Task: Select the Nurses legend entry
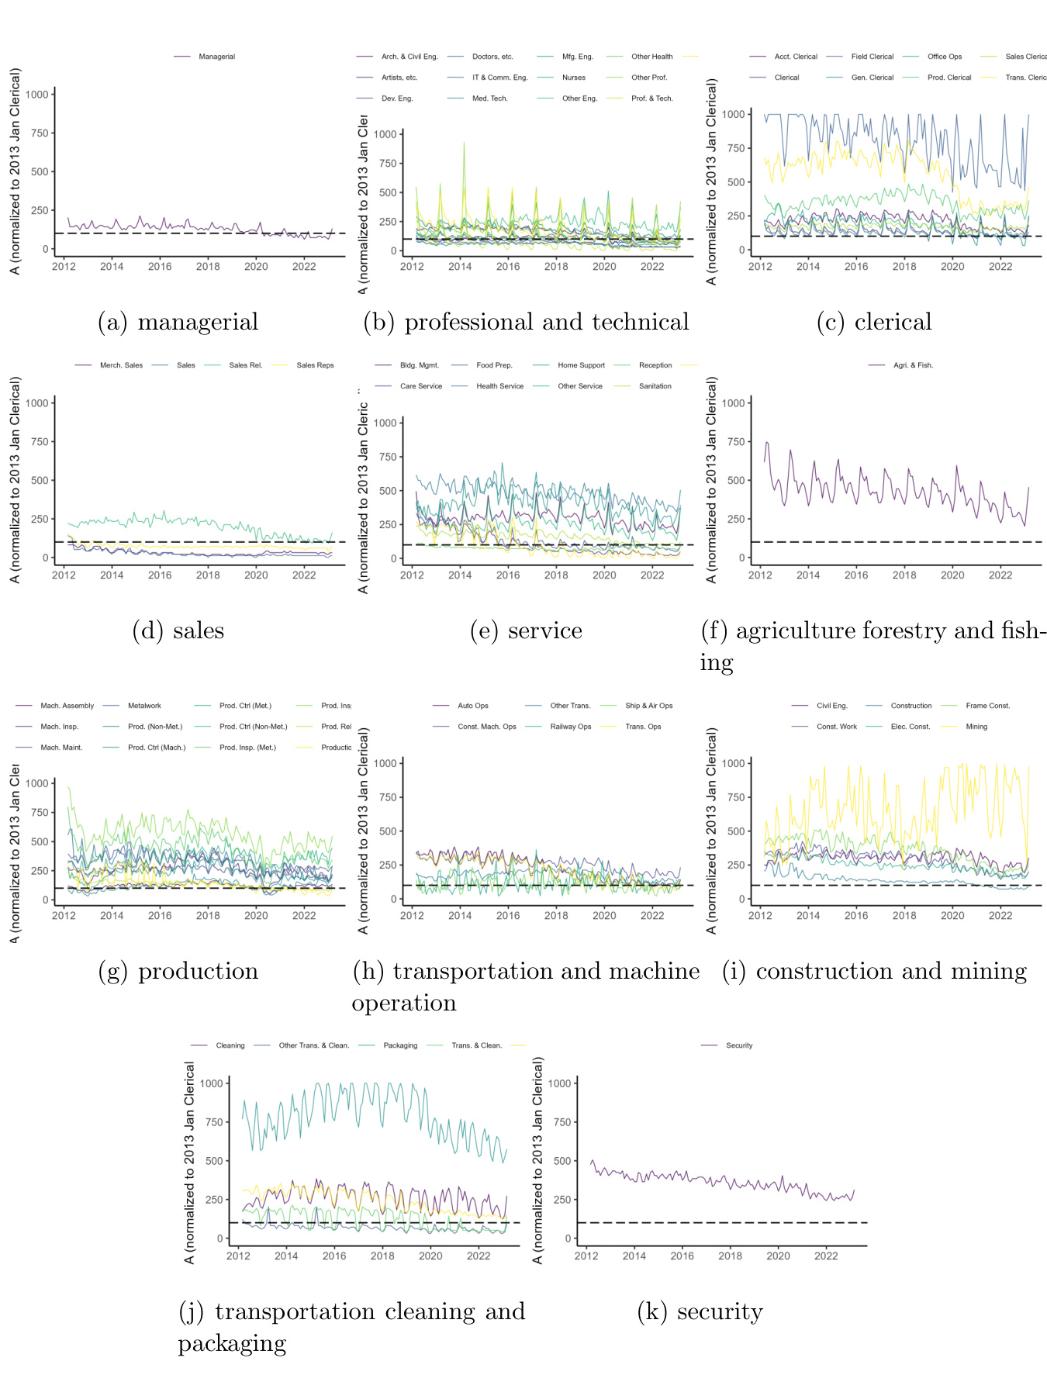[573, 78]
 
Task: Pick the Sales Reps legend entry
[315, 365]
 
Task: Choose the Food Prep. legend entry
[494, 365]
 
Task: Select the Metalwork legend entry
[144, 706]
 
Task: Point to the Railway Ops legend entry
[570, 727]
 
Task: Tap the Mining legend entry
[976, 727]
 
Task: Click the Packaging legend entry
[400, 1045]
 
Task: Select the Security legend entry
[739, 1045]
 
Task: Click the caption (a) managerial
[178, 322]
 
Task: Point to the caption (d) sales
[178, 630]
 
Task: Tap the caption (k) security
[700, 1311]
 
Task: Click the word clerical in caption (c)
[893, 322]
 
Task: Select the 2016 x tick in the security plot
[682, 1256]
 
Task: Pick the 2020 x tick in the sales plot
[256, 575]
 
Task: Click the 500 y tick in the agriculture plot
[733, 481]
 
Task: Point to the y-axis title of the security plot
[538, 1160]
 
